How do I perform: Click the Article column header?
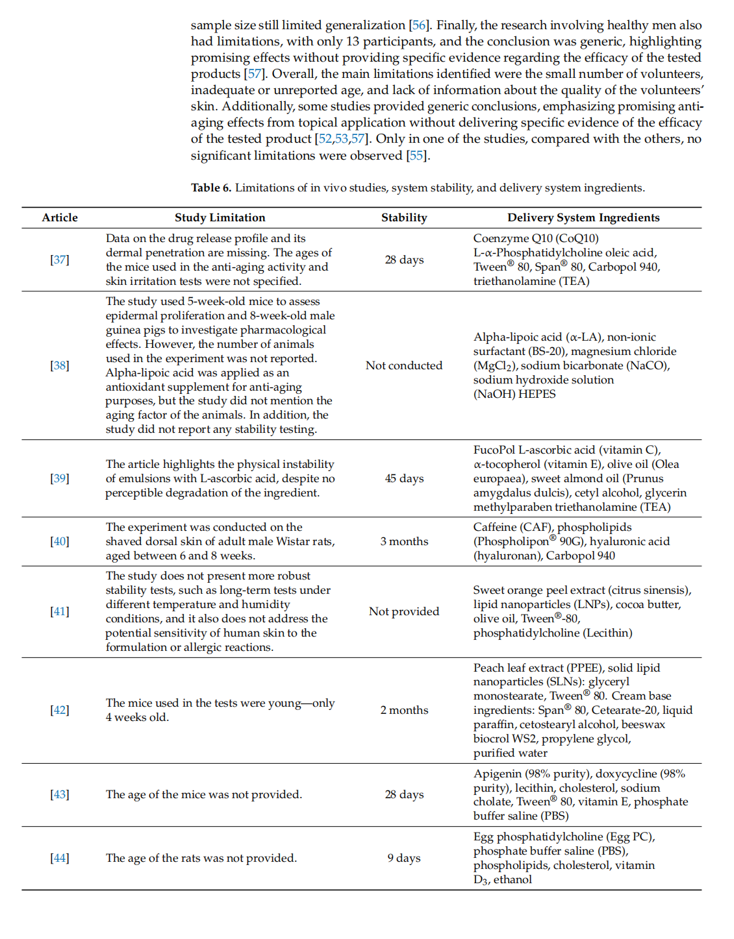click(60, 218)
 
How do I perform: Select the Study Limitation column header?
click(220, 218)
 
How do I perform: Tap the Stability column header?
click(404, 218)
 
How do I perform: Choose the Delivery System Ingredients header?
click(583, 218)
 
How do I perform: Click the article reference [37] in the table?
click(60, 260)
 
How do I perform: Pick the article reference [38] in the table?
click(60, 365)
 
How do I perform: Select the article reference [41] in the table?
click(60, 611)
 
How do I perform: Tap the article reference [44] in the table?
click(60, 858)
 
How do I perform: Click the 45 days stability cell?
click(404, 478)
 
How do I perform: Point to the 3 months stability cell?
click(404, 541)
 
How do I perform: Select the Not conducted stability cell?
click(404, 365)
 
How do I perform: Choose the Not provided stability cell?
click(404, 611)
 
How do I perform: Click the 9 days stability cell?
click(404, 858)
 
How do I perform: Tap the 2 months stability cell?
click(404, 710)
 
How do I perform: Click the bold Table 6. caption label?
click(211, 188)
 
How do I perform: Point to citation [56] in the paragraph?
click(419, 25)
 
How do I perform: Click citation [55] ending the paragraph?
click(416, 156)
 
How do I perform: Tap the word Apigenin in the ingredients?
click(498, 774)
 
